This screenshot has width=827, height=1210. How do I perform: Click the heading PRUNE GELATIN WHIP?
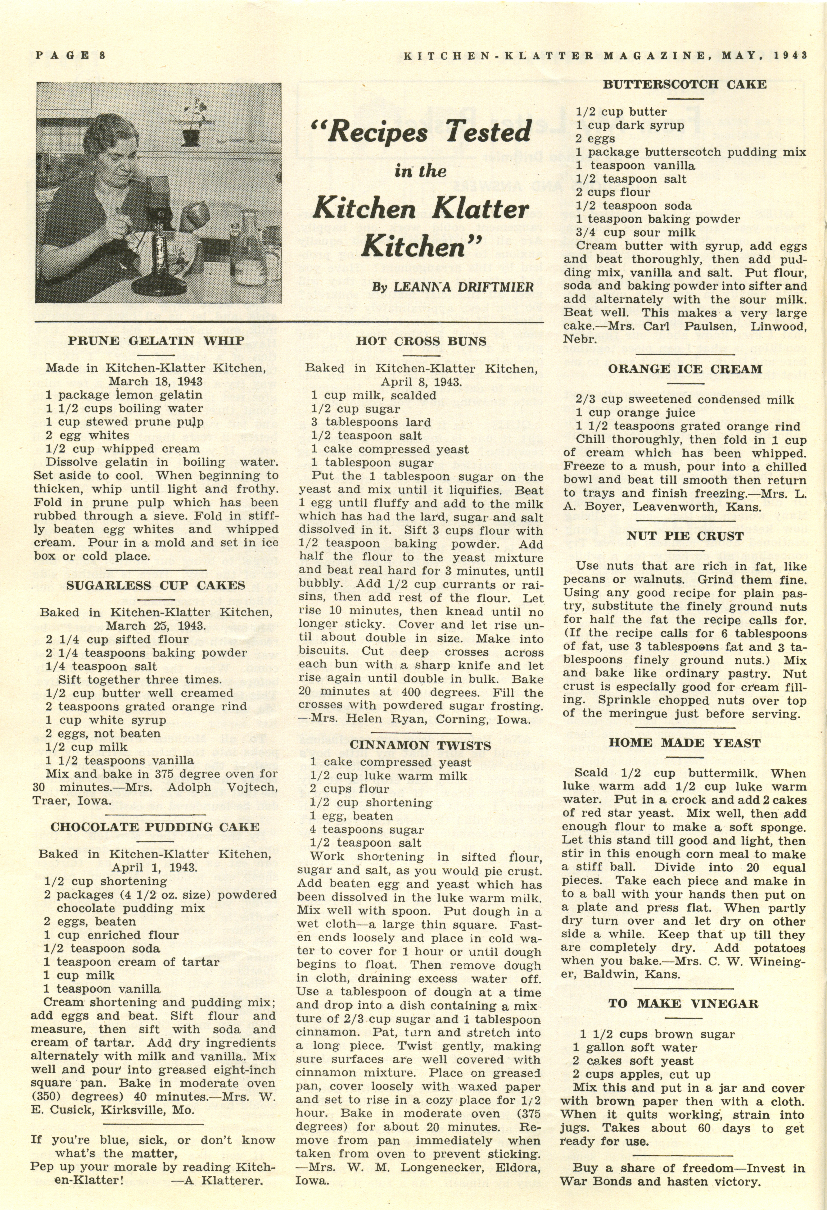156,341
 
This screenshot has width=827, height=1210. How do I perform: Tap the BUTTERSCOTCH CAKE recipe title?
684,84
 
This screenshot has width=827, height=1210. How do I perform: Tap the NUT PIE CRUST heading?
684,536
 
